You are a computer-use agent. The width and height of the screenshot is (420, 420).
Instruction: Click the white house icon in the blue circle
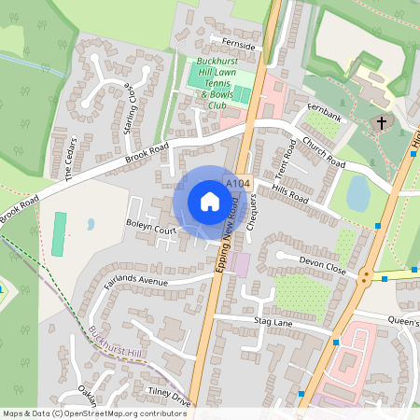click(210, 201)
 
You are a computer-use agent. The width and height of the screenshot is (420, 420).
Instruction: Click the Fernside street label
click(233, 43)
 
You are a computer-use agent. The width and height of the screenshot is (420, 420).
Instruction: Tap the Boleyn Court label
click(151, 229)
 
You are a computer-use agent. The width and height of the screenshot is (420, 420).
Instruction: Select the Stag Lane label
click(273, 320)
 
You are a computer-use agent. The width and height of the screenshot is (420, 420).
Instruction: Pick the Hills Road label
click(288, 193)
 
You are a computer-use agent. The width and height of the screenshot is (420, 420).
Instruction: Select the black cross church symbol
click(381, 122)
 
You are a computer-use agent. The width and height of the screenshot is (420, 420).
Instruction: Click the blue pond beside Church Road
click(357, 193)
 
